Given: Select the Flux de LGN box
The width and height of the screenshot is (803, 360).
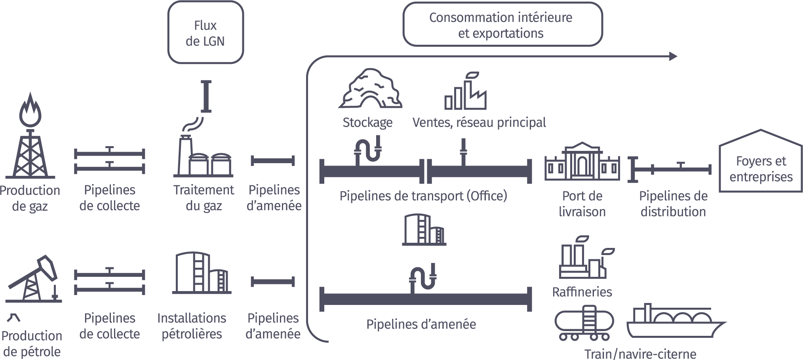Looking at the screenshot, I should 205,33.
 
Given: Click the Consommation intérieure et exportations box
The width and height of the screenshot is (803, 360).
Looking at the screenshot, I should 502,25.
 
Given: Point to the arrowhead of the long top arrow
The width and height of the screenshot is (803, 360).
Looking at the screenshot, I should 673,56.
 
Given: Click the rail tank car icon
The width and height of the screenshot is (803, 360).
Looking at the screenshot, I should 584,323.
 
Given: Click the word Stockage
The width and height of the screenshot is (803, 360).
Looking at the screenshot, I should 367,122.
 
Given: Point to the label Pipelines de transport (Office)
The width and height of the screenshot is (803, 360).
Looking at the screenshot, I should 423,196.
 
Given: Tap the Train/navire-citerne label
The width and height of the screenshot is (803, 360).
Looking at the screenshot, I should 640,354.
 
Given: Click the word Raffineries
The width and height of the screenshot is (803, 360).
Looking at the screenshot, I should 582,292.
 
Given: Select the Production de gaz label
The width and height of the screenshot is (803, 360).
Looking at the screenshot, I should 30,198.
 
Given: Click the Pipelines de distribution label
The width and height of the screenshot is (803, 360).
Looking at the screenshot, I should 673,204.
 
